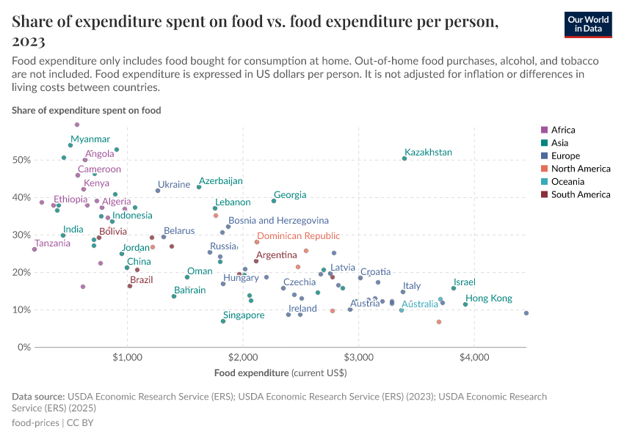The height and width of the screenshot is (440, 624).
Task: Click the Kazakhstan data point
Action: pyautogui.click(x=404, y=158)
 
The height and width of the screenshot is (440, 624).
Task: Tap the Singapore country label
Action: pyautogui.click(x=244, y=315)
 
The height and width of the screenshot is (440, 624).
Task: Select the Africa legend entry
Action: pyautogui.click(x=562, y=130)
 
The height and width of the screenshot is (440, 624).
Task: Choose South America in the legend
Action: pyautogui.click(x=580, y=194)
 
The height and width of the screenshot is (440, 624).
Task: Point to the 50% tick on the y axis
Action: pyautogui.click(x=21, y=160)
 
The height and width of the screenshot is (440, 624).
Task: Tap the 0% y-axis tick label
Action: pyautogui.click(x=23, y=347)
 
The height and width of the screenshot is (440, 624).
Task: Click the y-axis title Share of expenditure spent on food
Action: pyautogui.click(x=87, y=110)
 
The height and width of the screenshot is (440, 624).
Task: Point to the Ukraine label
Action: pyautogui.click(x=174, y=185)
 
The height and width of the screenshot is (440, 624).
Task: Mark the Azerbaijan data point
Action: pyautogui.click(x=199, y=187)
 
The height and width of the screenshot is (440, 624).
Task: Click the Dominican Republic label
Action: pyautogui.click(x=298, y=236)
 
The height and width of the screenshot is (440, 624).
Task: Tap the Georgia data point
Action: pyautogui.click(x=274, y=201)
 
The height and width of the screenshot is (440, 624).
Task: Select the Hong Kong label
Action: pyautogui.click(x=489, y=298)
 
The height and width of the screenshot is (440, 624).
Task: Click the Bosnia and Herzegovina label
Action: pyautogui.click(x=278, y=220)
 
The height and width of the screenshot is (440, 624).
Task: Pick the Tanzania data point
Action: pyautogui.click(x=35, y=249)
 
